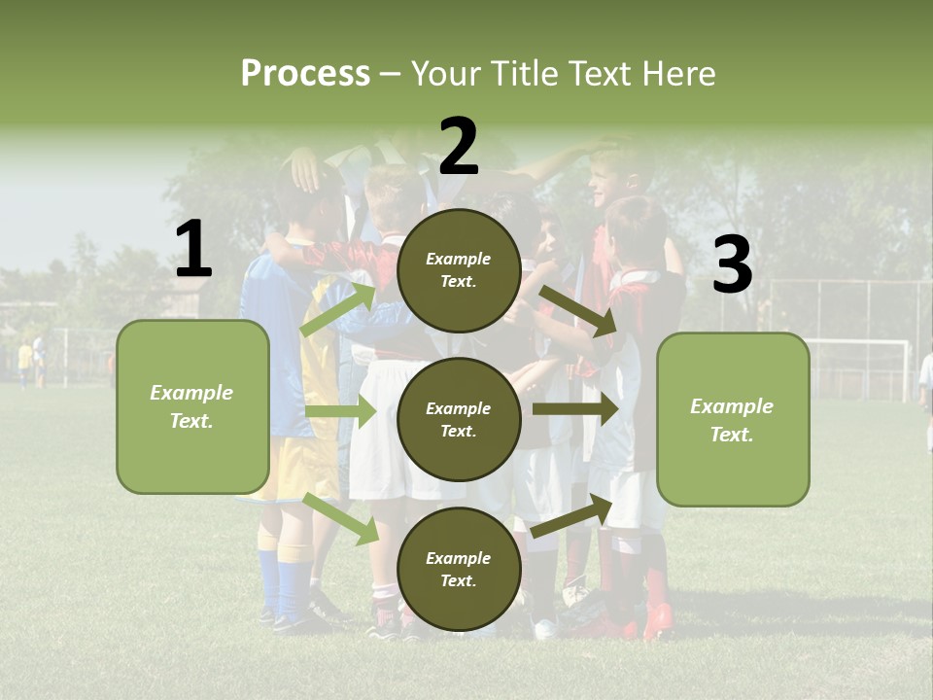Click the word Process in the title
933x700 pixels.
[305, 73]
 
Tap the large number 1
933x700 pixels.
[193, 250]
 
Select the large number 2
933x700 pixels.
[459, 147]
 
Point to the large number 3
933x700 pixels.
[732, 265]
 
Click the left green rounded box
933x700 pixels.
[192, 406]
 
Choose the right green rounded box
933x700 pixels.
[733, 419]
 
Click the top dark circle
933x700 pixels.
[459, 270]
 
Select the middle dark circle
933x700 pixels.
[459, 419]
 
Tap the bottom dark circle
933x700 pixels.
[459, 569]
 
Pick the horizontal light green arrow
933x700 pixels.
[339, 411]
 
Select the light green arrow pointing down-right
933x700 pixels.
[341, 517]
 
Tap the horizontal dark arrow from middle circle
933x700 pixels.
[574, 408]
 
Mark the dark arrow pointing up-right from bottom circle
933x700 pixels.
[571, 516]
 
